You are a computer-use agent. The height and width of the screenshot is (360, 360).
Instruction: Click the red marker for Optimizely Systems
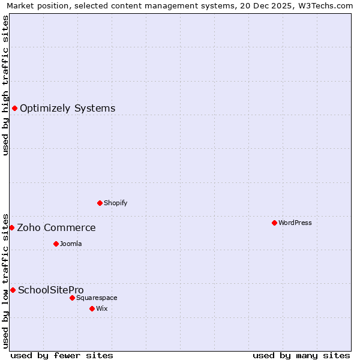(14, 108)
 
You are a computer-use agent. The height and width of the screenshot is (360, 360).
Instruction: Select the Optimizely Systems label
(67, 109)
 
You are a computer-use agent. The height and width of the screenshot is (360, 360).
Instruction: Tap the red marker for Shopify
(100, 203)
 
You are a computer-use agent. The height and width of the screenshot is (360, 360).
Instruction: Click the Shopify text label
(115, 203)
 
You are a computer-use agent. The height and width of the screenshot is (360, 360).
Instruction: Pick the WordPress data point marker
(274, 223)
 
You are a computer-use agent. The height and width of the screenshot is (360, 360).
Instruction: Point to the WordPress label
(295, 223)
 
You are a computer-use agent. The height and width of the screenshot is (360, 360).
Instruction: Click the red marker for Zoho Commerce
(11, 227)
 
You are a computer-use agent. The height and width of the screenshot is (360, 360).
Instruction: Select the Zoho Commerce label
(56, 228)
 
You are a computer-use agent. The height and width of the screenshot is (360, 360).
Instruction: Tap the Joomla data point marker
(56, 244)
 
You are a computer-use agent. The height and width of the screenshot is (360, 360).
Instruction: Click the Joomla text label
(71, 244)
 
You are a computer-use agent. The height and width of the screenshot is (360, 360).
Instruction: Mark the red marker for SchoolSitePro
(13, 290)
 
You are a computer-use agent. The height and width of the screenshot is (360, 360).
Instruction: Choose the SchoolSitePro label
(50, 290)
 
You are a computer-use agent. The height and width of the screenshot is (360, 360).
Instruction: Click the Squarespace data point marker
(72, 298)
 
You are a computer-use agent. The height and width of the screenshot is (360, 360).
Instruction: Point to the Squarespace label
(97, 298)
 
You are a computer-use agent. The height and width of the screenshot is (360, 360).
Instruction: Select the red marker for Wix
(92, 308)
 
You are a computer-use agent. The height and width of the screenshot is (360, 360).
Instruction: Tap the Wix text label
(101, 308)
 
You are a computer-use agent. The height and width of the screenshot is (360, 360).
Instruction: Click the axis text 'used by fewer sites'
(62, 355)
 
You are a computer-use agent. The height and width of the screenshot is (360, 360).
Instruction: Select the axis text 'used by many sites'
(301, 355)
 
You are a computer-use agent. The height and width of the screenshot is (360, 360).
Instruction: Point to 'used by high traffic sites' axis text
(5, 85)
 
